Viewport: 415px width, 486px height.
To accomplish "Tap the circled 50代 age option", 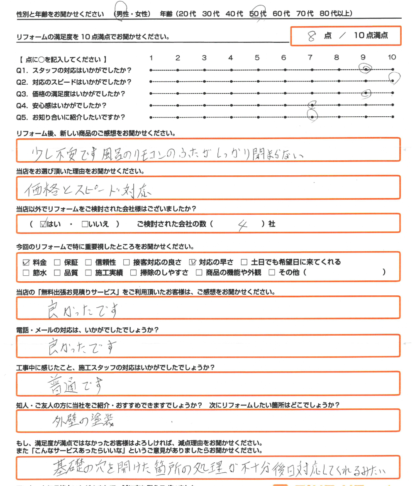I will [258, 14].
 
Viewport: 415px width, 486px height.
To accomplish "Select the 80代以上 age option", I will [337, 14].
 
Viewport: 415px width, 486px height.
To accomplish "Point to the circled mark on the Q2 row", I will [395, 78].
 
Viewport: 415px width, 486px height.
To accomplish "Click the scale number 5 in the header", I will [257, 58].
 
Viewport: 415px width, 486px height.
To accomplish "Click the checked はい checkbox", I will [44, 224].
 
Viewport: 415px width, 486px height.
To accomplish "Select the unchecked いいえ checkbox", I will [85, 224].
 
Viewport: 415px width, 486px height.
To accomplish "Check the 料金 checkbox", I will [26, 262].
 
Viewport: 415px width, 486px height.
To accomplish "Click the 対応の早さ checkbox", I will [192, 262].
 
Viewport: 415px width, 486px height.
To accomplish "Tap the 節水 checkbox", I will [26, 273].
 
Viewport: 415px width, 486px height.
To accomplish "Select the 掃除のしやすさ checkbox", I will [133, 273].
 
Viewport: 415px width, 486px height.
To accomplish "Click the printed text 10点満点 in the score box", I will [371, 36].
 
